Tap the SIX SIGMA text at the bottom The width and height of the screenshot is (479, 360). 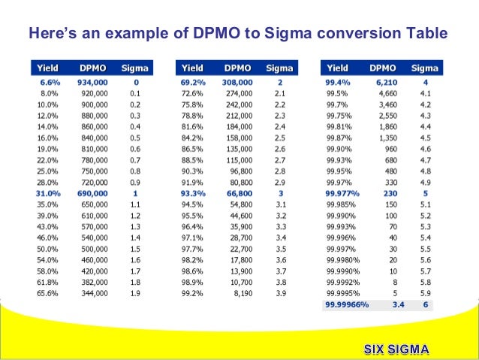396,349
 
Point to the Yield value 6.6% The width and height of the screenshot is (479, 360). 49,81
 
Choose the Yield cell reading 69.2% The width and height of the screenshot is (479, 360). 194,81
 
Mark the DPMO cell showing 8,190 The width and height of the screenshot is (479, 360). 241,293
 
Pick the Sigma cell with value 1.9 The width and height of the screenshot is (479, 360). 135,293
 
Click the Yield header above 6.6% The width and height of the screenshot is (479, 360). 47,68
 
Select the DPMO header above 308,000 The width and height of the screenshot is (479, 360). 236,68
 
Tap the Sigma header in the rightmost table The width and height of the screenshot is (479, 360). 424,68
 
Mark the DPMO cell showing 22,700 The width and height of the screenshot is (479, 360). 238,248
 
